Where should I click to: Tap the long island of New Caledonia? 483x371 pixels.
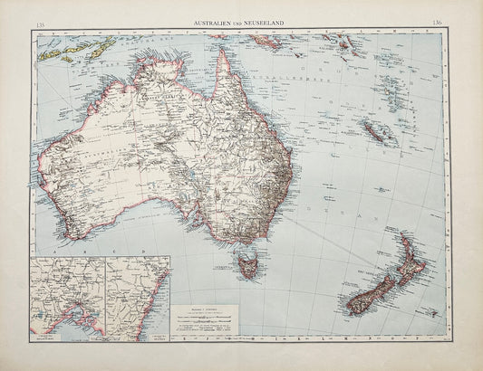tap(377, 131)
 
